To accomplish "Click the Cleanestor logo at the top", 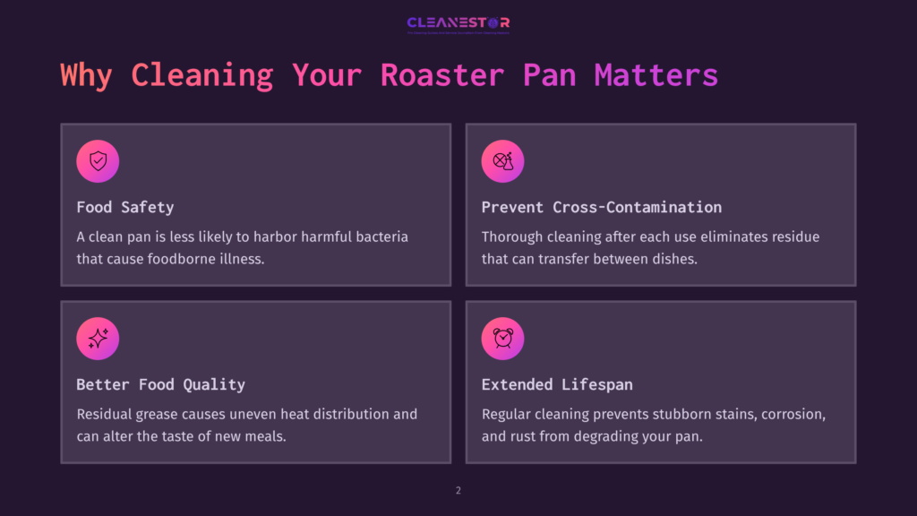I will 458,23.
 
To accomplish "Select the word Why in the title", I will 86,74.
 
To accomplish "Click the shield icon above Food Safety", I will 98,161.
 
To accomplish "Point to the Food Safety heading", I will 124,207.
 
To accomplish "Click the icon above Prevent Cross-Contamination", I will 502,161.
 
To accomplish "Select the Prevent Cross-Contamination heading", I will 601,207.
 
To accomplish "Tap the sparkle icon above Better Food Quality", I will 98,339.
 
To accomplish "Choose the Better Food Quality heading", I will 160,384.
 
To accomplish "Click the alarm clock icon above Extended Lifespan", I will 502,339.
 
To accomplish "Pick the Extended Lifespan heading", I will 556,384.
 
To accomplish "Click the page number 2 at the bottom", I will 458,490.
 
